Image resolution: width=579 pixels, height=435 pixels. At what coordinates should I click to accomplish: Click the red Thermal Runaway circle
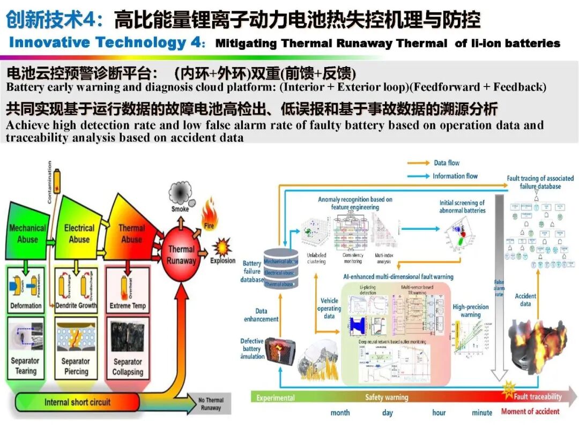181,255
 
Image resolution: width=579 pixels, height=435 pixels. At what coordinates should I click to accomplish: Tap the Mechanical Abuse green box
27,234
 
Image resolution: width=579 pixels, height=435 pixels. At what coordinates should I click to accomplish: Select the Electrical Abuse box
79,234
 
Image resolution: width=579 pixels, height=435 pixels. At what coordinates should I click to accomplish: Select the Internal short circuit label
77,402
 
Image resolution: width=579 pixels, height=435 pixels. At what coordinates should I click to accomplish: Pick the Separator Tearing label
26,366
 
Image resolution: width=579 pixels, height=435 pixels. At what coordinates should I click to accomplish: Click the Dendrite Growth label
77,306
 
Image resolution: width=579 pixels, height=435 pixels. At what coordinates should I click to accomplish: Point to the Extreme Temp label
128,306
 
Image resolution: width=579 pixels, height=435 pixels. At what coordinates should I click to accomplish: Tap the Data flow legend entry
447,163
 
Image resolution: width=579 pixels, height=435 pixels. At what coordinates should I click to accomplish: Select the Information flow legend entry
455,176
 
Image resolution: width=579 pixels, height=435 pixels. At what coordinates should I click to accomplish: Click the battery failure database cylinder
281,269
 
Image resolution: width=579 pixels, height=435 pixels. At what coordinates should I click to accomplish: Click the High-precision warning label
470,311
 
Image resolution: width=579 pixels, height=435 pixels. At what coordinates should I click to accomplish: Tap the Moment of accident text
530,412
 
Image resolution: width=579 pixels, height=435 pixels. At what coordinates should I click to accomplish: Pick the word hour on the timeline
439,412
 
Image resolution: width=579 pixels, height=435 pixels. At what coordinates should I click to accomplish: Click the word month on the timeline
340,412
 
